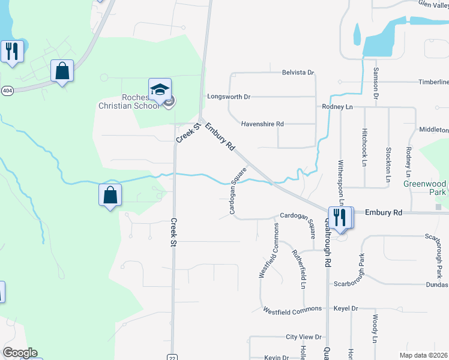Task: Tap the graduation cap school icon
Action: [160, 90]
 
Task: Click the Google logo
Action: [20, 353]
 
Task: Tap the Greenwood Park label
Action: [424, 188]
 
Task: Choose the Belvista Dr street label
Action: [298, 73]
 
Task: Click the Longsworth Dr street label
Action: [229, 96]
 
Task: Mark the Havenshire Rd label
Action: [262, 124]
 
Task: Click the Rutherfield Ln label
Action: [298, 268]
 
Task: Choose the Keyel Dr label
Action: [346, 308]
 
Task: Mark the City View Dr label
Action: [304, 337]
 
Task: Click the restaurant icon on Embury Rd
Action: [340, 216]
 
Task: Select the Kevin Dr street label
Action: [277, 358]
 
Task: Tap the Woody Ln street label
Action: [374, 329]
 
